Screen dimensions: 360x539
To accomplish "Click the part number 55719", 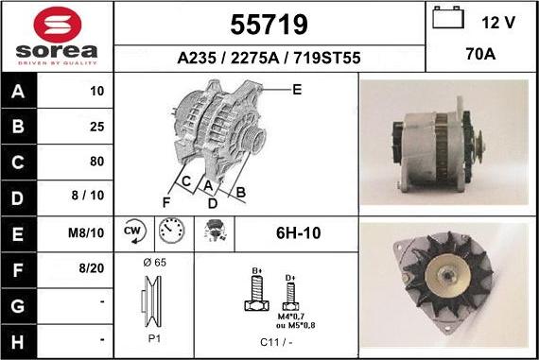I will coord(269,24).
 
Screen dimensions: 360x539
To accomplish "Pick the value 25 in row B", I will coord(96,127).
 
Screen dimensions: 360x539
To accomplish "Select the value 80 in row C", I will coord(96,161).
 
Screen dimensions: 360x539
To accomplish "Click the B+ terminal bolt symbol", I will coord(255,291).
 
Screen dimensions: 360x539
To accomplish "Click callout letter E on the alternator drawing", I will coord(296,90).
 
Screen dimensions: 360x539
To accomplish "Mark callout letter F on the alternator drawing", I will coord(166,201).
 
